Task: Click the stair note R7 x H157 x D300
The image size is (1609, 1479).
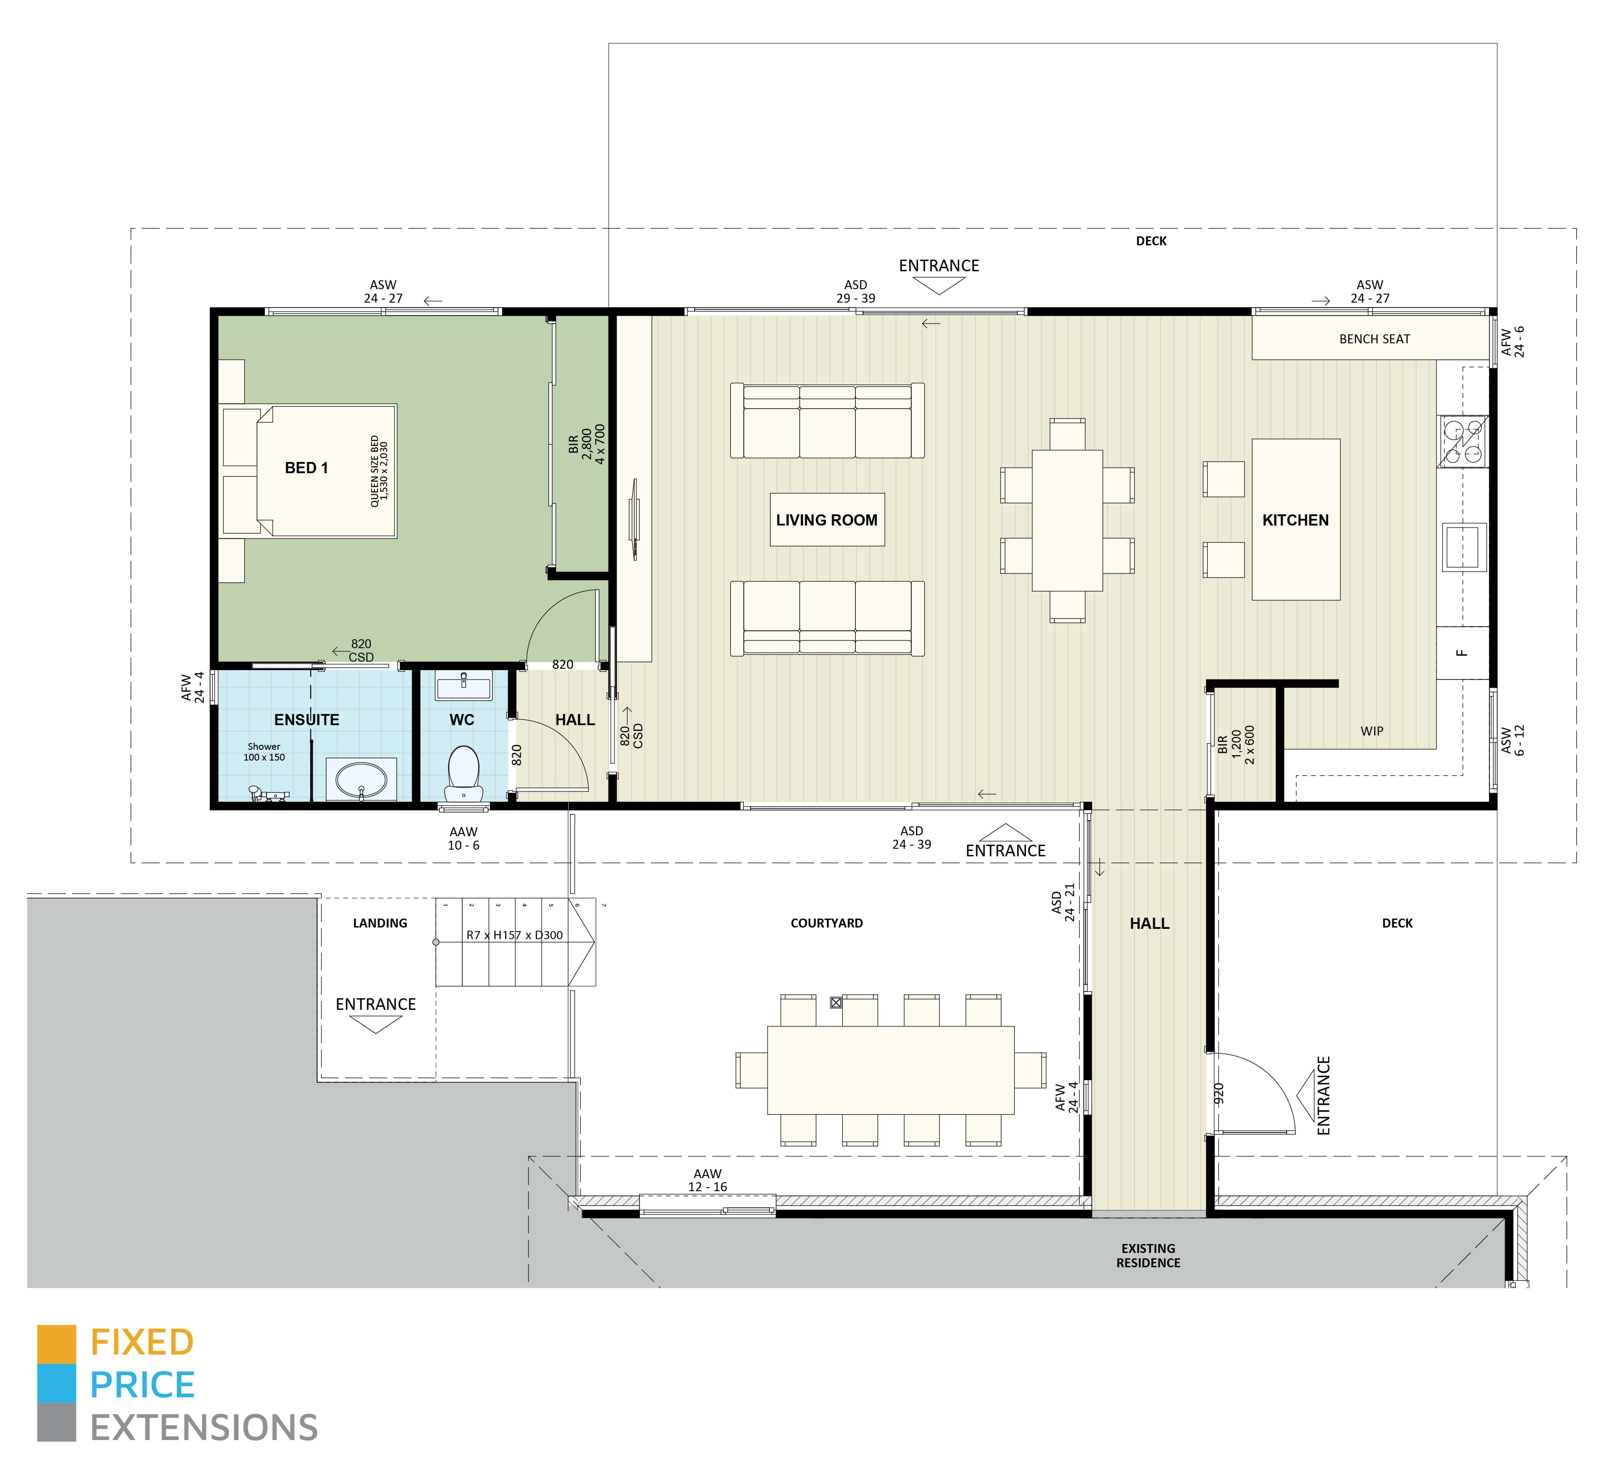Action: coord(514,935)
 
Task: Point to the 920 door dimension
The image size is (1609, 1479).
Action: coord(1219,1093)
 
